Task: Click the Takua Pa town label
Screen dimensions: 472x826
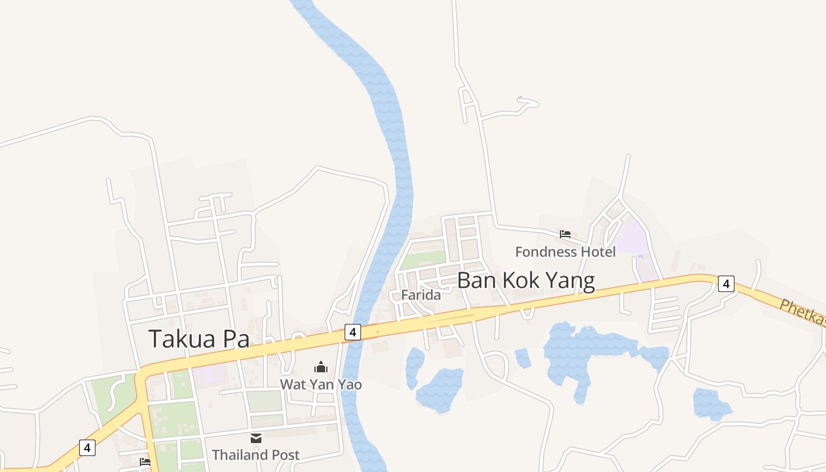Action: pos(199,339)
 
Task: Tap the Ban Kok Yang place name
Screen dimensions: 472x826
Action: pos(526,281)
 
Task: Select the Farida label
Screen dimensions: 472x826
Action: pos(421,295)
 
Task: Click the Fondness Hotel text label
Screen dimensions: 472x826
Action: pos(565,252)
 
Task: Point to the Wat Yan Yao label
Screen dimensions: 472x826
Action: pos(320,385)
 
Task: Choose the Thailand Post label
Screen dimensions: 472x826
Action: pos(255,455)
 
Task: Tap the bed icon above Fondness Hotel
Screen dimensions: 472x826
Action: pos(565,234)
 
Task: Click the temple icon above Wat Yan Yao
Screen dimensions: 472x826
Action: pos(320,367)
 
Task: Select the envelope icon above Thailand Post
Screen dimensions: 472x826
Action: pos(255,438)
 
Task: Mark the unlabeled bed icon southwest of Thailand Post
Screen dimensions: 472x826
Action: pos(145,462)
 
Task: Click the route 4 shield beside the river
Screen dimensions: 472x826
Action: pos(352,332)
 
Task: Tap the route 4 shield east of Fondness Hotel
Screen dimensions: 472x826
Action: pos(726,284)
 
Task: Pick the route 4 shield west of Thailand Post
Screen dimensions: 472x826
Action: pos(87,448)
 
